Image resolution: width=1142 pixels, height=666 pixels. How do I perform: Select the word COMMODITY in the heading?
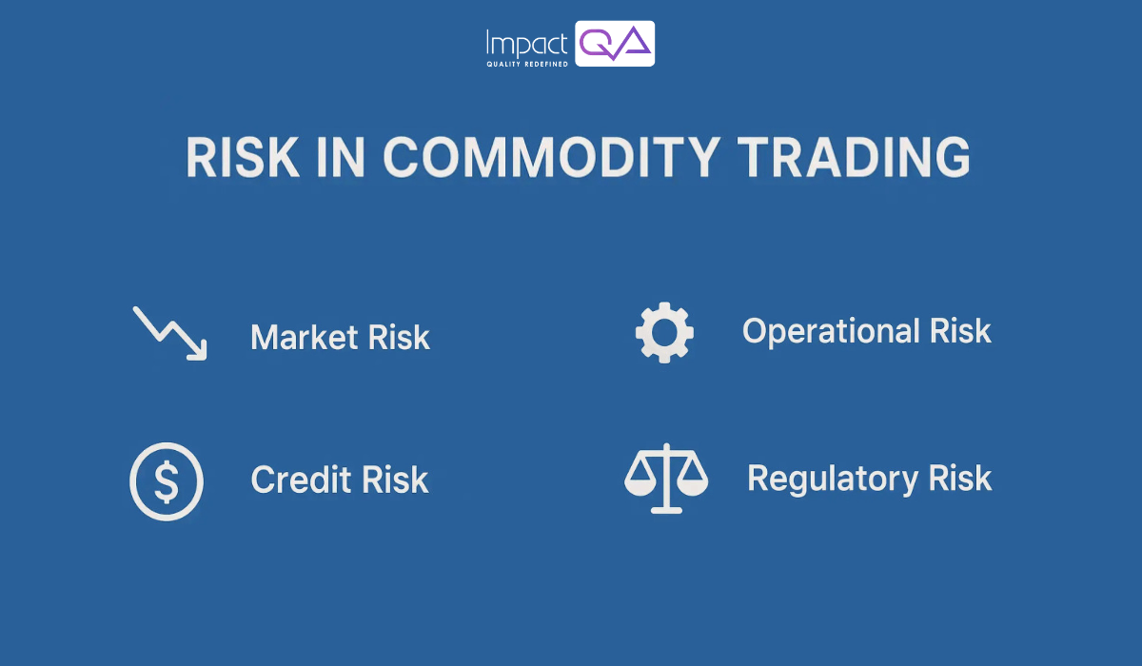[x=538, y=158]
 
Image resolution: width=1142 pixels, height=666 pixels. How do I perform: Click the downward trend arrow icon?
[x=169, y=333]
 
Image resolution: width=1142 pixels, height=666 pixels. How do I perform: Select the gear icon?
[x=664, y=332]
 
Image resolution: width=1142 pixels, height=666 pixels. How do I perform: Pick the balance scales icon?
[x=666, y=478]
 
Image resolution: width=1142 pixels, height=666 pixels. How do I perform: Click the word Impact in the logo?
[x=526, y=43]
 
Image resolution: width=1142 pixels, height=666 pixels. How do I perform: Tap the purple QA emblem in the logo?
[x=615, y=43]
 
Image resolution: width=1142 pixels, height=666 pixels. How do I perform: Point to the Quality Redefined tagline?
[x=526, y=64]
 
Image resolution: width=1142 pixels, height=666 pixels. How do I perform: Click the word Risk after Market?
[x=398, y=338]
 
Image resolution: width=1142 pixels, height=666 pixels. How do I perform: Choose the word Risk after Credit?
[x=396, y=480]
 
